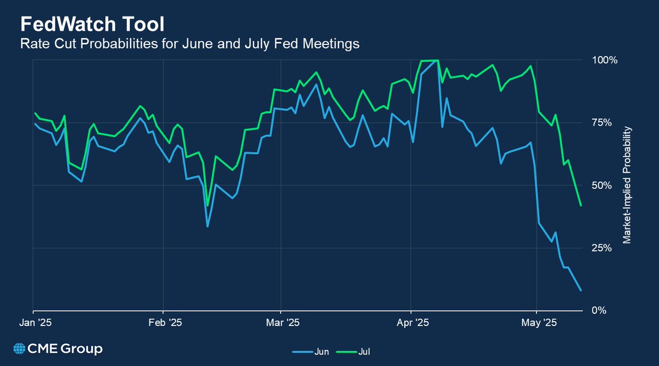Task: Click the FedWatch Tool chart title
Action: [92, 25]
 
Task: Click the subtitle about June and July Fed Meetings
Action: [189, 44]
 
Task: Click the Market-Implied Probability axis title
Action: [627, 185]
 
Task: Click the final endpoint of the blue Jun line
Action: [581, 290]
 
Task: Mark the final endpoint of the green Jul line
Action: [581, 206]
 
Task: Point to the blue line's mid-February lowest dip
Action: [208, 226]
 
